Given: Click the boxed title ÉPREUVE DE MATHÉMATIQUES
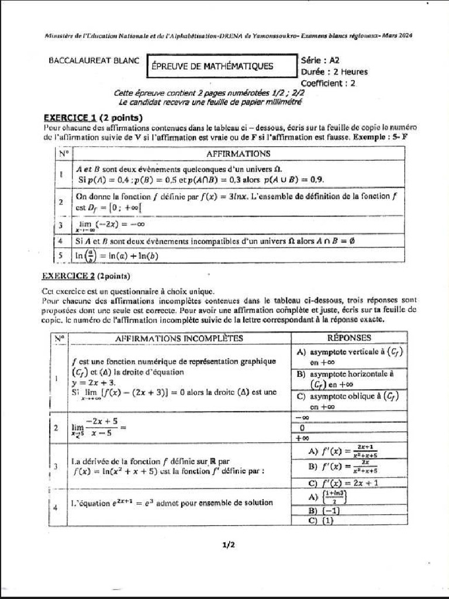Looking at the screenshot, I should (x=212, y=66).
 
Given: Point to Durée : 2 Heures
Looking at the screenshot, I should (x=334, y=72).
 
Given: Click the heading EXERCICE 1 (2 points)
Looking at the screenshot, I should (x=93, y=116).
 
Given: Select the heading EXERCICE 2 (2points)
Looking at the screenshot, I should (x=86, y=276).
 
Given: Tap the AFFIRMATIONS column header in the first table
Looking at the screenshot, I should (x=238, y=153).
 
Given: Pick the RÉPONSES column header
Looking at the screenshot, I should (x=349, y=338).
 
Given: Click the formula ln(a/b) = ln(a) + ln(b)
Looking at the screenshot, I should (x=117, y=256).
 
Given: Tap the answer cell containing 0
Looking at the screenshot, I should (x=302, y=428).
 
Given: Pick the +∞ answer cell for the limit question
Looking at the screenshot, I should (x=302, y=438).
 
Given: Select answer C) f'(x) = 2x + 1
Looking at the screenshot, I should (x=343, y=483).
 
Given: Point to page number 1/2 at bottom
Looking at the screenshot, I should (x=228, y=545).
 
